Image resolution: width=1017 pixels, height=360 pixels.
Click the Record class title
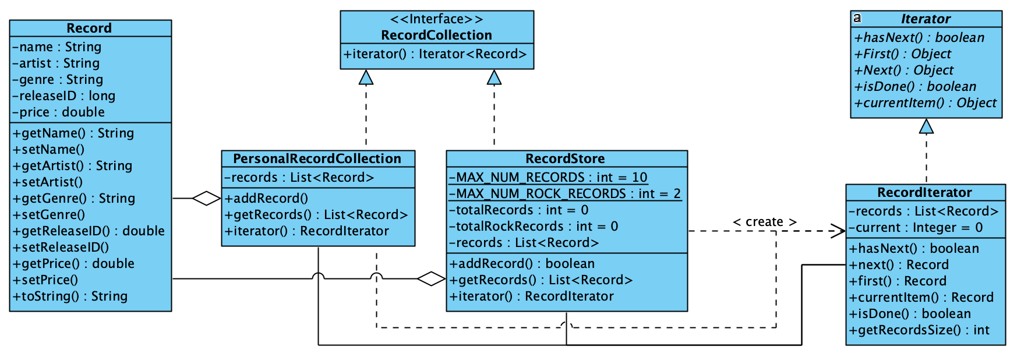pyautogui.click(x=89, y=28)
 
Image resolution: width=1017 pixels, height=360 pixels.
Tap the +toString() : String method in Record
pyautogui.click(x=70, y=296)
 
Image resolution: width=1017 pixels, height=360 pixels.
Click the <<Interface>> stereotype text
pyautogui.click(x=436, y=19)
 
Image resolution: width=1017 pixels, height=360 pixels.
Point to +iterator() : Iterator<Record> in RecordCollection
pyautogui.click(x=435, y=54)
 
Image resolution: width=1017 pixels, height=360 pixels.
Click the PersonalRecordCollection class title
pyautogui.click(x=317, y=158)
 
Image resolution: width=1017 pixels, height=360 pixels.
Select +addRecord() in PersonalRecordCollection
pyautogui.click(x=266, y=198)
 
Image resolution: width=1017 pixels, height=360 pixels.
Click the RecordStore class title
pyautogui.click(x=565, y=158)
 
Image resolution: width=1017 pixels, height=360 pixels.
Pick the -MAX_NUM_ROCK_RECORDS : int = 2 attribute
pyautogui.click(x=564, y=193)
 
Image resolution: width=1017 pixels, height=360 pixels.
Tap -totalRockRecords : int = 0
pyautogui.click(x=533, y=226)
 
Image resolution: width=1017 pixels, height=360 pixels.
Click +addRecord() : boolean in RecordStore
pyautogui.click(x=521, y=263)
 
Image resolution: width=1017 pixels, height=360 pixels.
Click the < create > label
pyautogui.click(x=764, y=222)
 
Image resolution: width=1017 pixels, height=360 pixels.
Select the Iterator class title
pyautogui.click(x=925, y=19)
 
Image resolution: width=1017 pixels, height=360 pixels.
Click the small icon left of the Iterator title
pyautogui.click(x=857, y=18)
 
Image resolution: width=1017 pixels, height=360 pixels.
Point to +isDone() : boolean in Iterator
pyautogui.click(x=914, y=86)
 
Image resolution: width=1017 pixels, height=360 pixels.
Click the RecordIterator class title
pyautogui.click(x=924, y=192)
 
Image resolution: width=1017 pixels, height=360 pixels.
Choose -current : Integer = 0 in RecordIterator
pyautogui.click(x=915, y=227)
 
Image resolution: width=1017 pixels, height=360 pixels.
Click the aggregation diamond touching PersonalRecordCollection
pyautogui.click(x=207, y=198)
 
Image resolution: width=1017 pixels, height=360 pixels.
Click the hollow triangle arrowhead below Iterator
pyautogui.click(x=926, y=126)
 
